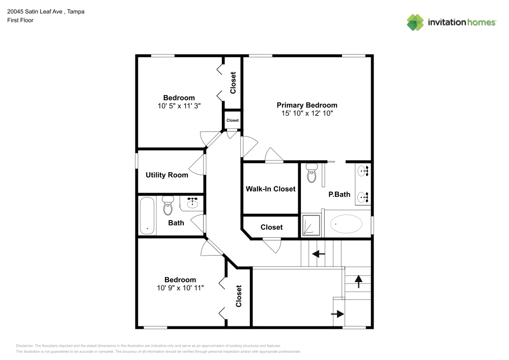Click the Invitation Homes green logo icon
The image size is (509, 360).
click(x=415, y=22)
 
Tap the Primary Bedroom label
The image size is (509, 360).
click(x=306, y=105)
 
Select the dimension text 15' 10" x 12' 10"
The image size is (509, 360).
click(x=306, y=114)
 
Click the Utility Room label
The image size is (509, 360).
click(x=166, y=175)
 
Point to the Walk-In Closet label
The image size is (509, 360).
click(x=270, y=189)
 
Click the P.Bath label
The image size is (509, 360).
click(x=339, y=194)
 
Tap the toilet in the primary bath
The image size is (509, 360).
click(x=312, y=174)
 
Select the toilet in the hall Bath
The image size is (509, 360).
click(x=167, y=206)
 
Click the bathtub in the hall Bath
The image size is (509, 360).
click(x=148, y=216)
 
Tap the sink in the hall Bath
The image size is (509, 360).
click(x=192, y=204)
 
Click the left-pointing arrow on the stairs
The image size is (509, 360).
click(x=319, y=254)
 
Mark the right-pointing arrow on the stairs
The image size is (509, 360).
click(x=337, y=314)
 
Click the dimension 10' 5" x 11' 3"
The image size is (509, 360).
click(x=179, y=106)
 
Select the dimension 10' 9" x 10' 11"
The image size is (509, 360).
click(x=180, y=288)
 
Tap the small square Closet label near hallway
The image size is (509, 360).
click(x=232, y=121)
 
